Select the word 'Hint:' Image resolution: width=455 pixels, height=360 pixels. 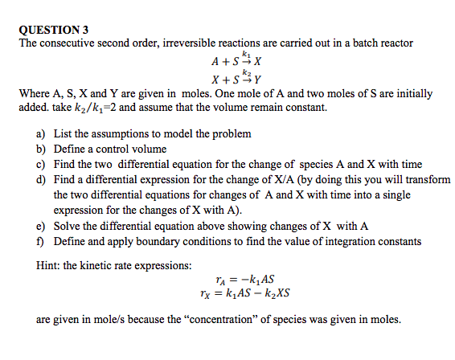pyautogui.click(x=50, y=264)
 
